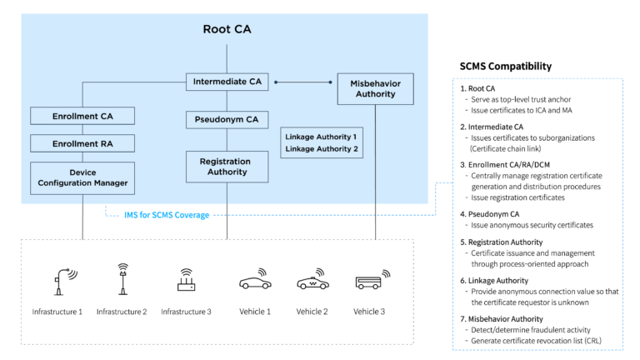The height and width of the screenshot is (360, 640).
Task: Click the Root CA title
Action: [x=227, y=30]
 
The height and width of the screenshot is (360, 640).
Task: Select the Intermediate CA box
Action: [x=227, y=82]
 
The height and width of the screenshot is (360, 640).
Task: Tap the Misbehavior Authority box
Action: [x=375, y=88]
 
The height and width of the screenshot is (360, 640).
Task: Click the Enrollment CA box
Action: [x=82, y=116]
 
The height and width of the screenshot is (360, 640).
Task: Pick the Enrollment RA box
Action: [x=82, y=143]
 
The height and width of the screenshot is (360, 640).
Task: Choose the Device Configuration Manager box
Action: [x=82, y=178]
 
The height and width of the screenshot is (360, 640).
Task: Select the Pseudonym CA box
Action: [x=227, y=120]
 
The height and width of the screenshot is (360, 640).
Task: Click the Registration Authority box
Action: [x=227, y=167]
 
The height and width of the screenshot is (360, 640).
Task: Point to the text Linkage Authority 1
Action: [x=321, y=136]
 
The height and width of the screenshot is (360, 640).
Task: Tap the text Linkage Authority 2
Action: [x=321, y=149]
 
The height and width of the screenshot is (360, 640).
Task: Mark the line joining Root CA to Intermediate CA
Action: [x=227, y=58]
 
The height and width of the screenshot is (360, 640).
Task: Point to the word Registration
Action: [x=227, y=161]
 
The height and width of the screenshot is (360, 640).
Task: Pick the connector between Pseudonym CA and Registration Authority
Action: [x=227, y=140]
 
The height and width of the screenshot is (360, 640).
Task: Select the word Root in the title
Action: [x=216, y=30]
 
